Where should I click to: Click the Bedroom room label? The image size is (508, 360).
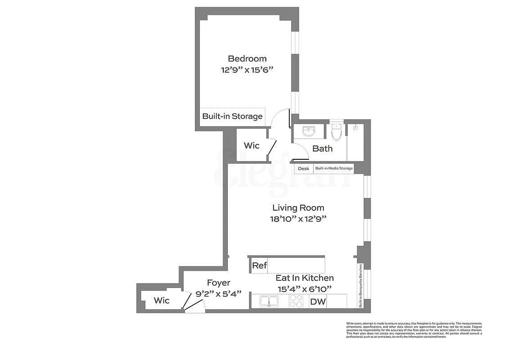tap(247, 58)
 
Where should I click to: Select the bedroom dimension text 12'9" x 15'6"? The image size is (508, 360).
tap(247, 70)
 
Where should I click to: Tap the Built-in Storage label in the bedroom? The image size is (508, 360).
tap(232, 116)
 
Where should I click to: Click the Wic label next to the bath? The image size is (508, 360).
tap(252, 146)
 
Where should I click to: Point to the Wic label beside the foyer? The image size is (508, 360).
tap(162, 300)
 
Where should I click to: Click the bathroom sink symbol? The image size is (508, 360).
tap(309, 131)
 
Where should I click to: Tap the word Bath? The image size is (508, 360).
tap(323, 148)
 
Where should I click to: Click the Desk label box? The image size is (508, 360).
tap(304, 168)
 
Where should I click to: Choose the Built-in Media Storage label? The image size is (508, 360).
tap(333, 168)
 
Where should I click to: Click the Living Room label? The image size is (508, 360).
tap(298, 207)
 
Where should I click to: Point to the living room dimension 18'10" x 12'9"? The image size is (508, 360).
tap(298, 219)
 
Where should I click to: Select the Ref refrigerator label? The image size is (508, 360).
tap(259, 265)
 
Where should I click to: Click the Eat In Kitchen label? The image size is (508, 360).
tap(305, 278)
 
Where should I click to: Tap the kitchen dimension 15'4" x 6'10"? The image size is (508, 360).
tap(305, 289)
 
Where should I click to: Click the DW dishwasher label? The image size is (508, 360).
tap(318, 301)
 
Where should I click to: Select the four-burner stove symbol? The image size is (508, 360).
tap(296, 301)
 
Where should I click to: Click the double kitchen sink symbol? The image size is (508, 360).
tap(269, 301)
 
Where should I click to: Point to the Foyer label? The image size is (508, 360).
tap(219, 283)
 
